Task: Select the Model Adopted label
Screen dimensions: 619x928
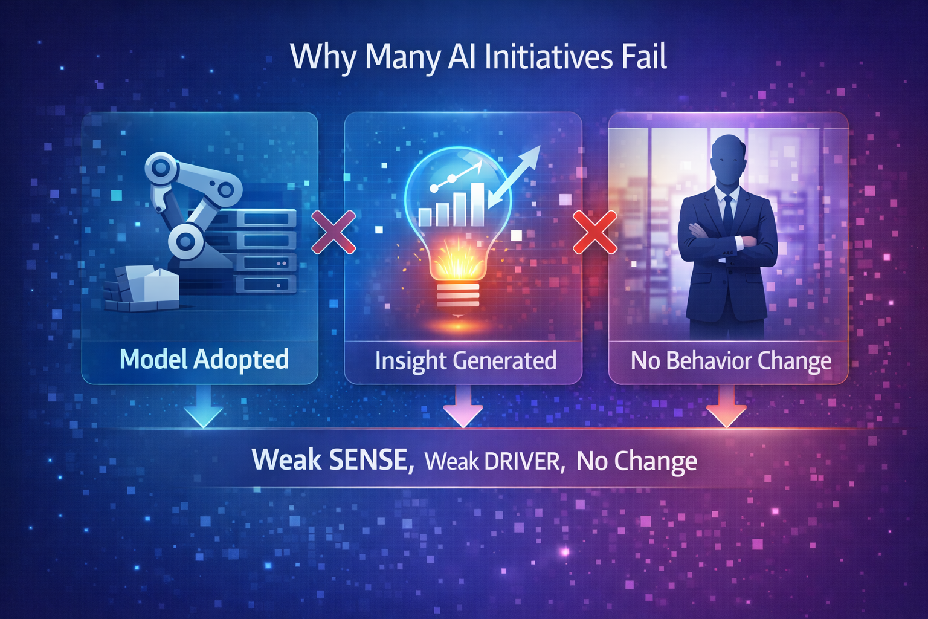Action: point(204,360)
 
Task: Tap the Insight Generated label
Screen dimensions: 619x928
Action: point(465,361)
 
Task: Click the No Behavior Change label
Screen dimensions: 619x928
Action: point(731,361)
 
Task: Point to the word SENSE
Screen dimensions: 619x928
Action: point(370,460)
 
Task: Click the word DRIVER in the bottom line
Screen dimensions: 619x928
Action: point(523,462)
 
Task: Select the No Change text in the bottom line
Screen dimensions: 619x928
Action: point(636,461)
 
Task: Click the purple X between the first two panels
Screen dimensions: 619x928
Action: point(333,232)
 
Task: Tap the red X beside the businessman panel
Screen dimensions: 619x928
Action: point(595,232)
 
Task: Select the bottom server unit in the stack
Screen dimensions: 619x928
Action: point(266,284)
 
